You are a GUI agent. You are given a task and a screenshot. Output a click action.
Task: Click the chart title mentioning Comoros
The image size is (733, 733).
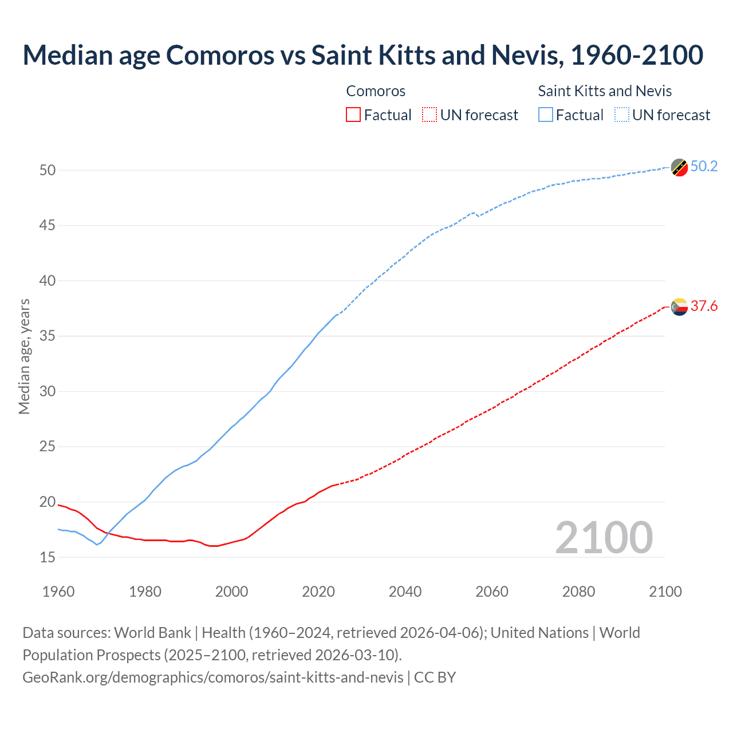pos(362,55)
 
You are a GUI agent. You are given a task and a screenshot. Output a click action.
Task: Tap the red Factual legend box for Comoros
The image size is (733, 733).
pos(353,115)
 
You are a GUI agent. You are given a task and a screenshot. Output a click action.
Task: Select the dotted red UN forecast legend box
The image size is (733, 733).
pos(429,115)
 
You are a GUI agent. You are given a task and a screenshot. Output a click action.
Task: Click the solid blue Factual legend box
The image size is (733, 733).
pos(545,115)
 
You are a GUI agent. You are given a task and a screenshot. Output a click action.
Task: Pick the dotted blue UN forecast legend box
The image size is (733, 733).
pos(622,115)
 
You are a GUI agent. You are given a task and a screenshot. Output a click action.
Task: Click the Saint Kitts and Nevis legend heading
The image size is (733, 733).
pos(604,91)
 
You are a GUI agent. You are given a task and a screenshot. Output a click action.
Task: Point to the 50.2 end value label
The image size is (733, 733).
pos(704,167)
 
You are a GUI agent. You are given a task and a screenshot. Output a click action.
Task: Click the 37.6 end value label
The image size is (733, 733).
pos(704,306)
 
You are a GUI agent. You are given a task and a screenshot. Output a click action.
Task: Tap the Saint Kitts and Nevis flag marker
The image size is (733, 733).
pos(679,167)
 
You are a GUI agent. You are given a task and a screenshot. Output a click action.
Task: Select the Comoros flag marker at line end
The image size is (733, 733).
pos(679,307)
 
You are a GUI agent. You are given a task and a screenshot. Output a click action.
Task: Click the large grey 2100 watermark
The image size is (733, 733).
pos(604,538)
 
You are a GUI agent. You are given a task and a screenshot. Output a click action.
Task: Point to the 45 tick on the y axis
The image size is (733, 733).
pos(48,226)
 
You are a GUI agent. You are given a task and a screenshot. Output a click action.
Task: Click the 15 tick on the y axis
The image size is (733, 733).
pos(48,557)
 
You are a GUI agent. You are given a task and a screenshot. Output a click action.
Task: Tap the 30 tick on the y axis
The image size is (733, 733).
pos(48,392)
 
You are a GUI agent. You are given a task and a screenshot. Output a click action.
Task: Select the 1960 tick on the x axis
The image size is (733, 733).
pos(58,592)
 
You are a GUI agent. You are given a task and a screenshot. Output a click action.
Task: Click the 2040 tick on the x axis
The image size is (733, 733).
pos(405,592)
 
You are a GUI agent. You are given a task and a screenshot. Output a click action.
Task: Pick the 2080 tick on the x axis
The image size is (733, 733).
pos(578,592)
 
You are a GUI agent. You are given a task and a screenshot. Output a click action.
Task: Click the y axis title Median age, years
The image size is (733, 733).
pos(24,356)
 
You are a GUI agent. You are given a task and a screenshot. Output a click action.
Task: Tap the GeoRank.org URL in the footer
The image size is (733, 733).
pos(213,677)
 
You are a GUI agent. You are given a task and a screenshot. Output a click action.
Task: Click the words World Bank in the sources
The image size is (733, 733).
pos(152,633)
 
